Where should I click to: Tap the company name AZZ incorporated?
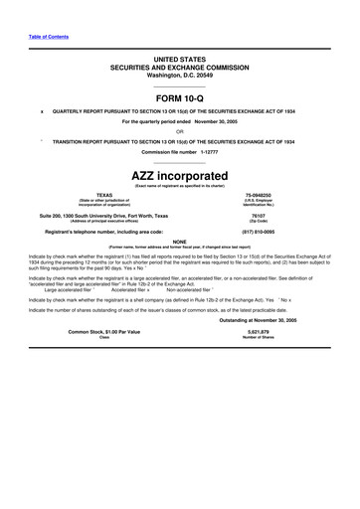(x=179, y=175)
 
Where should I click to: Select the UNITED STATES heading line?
(x=179, y=60)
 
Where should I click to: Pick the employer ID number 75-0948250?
(x=258, y=196)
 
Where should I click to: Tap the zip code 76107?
(x=258, y=215)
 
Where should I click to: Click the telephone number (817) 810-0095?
(x=258, y=233)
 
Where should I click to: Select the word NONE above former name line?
(x=179, y=242)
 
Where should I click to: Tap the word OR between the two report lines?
(x=179, y=131)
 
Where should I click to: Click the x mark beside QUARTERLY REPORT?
(x=41, y=111)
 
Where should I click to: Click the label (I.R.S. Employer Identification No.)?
(x=258, y=204)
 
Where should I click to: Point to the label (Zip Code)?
(x=258, y=221)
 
